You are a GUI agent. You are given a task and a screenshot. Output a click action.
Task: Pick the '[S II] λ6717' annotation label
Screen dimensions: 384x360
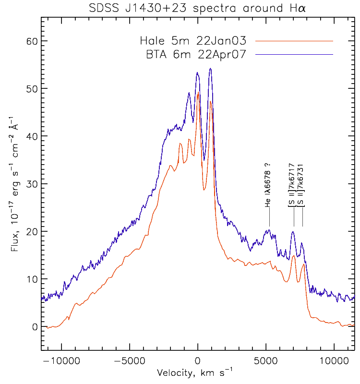292,189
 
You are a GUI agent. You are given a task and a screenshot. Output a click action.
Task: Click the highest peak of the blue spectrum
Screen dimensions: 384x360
210,69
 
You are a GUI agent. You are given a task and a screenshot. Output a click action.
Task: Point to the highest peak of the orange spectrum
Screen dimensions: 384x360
198,93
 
